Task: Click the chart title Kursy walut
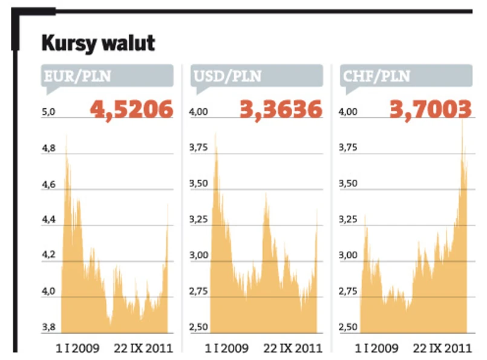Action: pos(99,44)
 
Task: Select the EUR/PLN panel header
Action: pos(77,76)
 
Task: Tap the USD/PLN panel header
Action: pos(227,76)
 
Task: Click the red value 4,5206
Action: pos(132,110)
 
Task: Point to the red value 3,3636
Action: pos(281,110)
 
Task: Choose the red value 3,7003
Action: pos(430,110)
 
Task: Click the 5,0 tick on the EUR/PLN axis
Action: pos(49,112)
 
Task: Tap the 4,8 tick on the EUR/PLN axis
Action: pos(49,148)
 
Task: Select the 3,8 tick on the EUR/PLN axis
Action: pos(49,327)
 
